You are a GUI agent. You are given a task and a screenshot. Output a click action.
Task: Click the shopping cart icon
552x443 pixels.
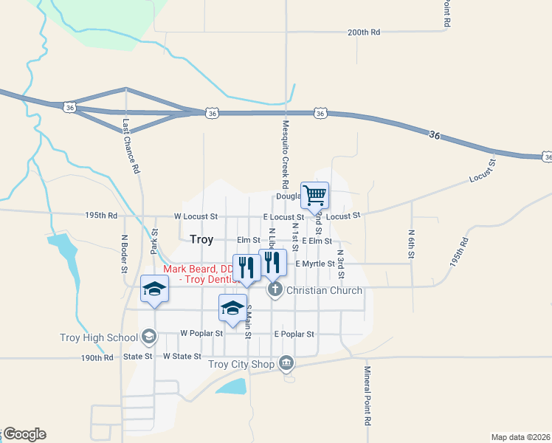click(314, 196)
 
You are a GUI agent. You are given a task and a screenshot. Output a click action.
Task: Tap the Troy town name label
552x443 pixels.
click(201, 239)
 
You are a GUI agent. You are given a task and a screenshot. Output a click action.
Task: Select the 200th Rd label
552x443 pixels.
click(364, 32)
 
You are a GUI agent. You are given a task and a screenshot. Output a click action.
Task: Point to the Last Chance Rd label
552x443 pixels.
click(131, 146)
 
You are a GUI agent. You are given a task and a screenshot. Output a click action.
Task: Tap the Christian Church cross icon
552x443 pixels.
click(275, 289)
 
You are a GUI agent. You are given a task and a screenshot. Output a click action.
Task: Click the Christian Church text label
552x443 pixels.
click(324, 290)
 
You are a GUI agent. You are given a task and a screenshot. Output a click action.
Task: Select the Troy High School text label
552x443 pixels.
click(99, 338)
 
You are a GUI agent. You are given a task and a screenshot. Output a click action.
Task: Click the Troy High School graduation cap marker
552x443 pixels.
click(149, 337)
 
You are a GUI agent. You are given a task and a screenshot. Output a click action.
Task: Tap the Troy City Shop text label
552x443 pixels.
click(241, 363)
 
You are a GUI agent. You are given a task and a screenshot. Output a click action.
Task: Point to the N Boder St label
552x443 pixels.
click(124, 253)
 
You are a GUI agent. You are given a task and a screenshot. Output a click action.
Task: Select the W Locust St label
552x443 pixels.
click(196, 217)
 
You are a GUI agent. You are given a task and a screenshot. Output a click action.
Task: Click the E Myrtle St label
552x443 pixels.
click(315, 264)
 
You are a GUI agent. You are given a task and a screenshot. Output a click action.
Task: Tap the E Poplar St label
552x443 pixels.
click(294, 334)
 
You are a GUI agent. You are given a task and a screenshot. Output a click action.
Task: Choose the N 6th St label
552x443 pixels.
click(411, 242)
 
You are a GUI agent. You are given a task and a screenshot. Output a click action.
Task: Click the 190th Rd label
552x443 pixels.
click(97, 357)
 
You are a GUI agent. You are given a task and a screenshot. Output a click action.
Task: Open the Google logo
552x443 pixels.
click(24, 434)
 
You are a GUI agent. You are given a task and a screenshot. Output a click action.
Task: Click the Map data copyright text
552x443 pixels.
click(520, 436)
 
